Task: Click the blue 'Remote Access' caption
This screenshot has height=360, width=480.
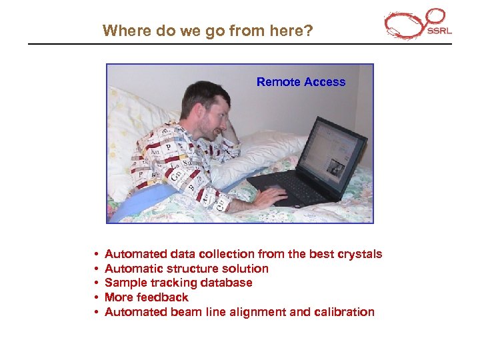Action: click(x=301, y=82)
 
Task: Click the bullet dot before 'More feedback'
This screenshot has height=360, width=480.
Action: click(x=97, y=298)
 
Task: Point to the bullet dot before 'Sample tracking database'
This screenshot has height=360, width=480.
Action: click(x=97, y=283)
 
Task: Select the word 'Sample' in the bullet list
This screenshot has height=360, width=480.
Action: click(x=125, y=283)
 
